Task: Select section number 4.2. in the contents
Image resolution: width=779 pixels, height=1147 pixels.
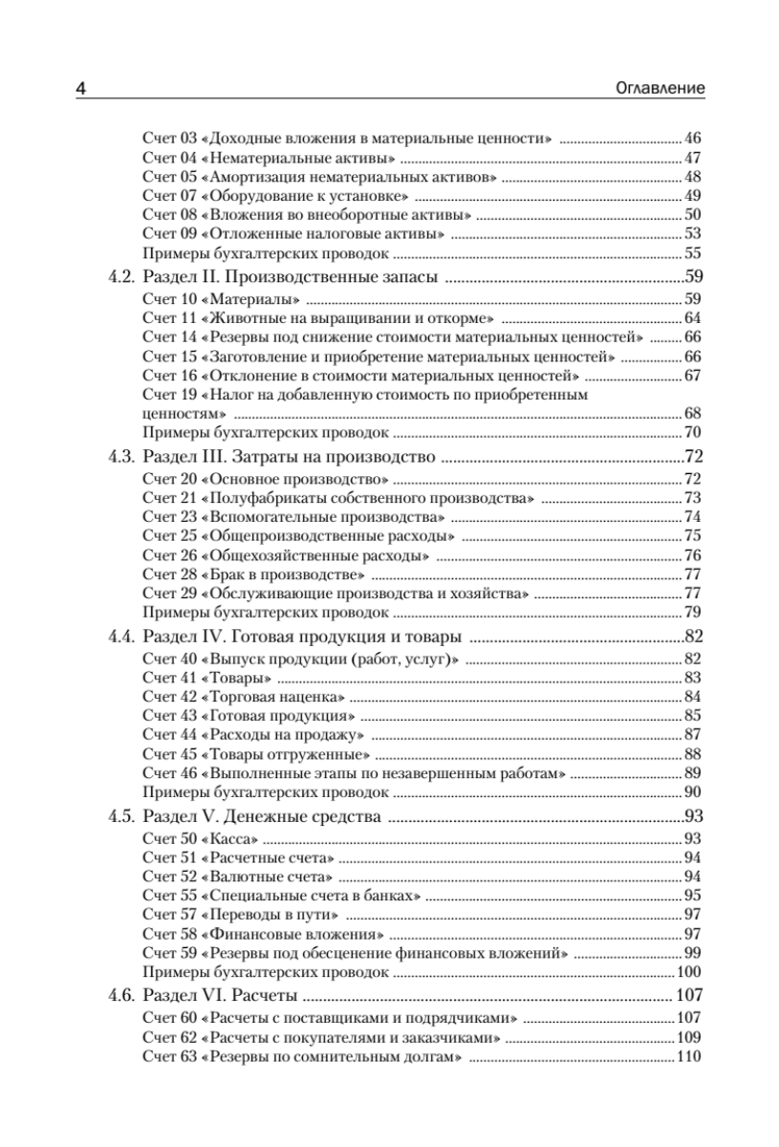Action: [x=119, y=279]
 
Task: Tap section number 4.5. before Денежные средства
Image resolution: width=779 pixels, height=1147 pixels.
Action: [x=119, y=817]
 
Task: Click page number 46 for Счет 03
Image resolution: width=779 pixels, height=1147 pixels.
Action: [x=694, y=139]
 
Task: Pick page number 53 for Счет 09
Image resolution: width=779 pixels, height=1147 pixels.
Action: [x=694, y=234]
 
